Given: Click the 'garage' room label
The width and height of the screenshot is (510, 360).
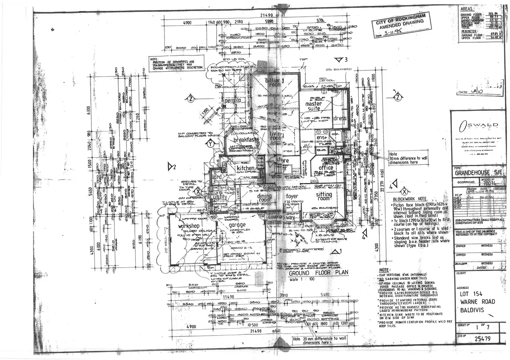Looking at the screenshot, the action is [x=237, y=225].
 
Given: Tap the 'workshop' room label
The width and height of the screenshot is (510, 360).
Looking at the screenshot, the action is [x=189, y=226].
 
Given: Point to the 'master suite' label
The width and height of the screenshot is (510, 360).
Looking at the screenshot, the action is [x=314, y=106].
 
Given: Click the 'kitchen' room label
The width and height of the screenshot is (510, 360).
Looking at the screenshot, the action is [x=245, y=168].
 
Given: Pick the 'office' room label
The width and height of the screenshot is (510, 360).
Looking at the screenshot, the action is [x=326, y=168].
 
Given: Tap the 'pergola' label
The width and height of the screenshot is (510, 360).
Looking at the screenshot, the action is [x=233, y=101].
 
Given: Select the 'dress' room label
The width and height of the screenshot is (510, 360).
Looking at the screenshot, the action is [x=340, y=118].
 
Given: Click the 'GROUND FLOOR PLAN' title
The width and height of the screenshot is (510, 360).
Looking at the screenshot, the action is [x=318, y=272].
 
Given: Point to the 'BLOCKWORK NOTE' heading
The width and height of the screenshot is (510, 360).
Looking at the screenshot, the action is [x=410, y=199].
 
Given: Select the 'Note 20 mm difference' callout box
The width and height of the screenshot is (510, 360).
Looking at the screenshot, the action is [x=319, y=340].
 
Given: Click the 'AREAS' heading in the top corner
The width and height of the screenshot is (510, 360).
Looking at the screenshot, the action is [x=468, y=9].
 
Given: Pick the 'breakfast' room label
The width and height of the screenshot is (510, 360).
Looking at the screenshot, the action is [x=246, y=140].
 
